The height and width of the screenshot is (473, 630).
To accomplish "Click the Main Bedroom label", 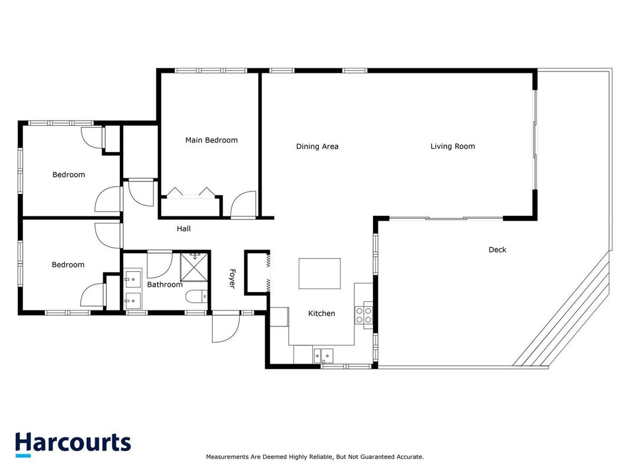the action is coord(211,140).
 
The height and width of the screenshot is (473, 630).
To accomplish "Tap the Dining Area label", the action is coord(317,147).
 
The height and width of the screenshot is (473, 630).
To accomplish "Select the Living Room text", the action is coord(452,147).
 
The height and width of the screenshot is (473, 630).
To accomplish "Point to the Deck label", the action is coord(497,250).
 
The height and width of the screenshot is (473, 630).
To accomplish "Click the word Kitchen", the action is coord(321,313).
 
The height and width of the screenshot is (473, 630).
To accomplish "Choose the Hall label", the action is coord(184,229).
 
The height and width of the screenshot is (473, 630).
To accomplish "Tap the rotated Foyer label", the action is coord(232,278).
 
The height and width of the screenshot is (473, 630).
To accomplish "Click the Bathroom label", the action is coord(165,285).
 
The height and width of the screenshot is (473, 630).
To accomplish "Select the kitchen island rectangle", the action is coord(319,274).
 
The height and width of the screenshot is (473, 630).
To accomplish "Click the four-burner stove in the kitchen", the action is coord(364,315).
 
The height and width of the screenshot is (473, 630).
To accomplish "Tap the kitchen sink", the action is coord(324,355).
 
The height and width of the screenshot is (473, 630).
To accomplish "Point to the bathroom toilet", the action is coord(197,296).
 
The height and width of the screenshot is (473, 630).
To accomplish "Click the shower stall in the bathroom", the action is coord(194,267).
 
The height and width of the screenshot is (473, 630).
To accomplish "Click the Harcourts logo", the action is coord(73,444).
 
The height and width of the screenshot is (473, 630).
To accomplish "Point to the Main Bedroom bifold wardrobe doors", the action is coord(191,192).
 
